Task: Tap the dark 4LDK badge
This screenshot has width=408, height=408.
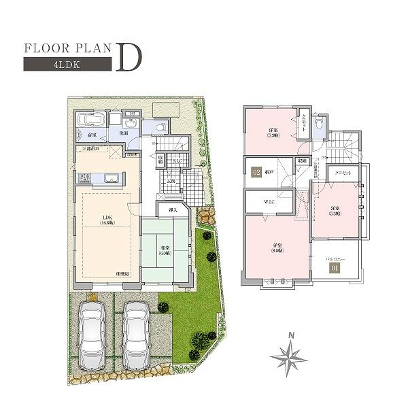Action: point(67,65)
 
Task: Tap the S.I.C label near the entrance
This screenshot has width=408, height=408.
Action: point(176,160)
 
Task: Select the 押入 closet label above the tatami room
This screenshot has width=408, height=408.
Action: point(173,211)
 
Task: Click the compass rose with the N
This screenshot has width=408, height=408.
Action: point(290,355)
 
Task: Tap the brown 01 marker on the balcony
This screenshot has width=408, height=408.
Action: point(333,267)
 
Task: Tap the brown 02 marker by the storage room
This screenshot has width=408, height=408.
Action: point(256,172)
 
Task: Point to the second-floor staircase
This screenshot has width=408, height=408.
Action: point(342,143)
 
